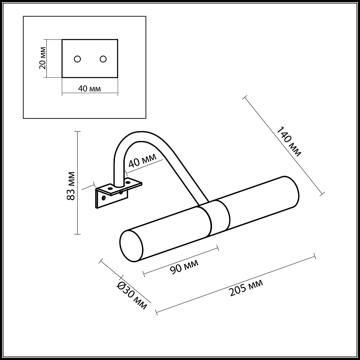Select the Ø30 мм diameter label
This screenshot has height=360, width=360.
click(x=132, y=296)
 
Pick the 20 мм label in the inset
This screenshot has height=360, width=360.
click(x=43, y=58)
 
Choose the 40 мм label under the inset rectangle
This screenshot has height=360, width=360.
click(x=89, y=88)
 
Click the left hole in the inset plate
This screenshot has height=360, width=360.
click(x=78, y=59)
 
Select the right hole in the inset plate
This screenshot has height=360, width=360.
click(x=103, y=59)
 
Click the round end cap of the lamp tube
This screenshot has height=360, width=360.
click(x=131, y=246)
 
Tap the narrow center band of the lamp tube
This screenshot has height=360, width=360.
click(x=220, y=218)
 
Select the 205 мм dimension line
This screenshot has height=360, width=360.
click(x=236, y=283)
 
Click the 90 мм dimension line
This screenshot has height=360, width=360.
click(x=181, y=261)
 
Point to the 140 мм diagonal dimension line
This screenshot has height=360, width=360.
click(x=283, y=144)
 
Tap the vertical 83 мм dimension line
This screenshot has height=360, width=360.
click(x=78, y=183)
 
